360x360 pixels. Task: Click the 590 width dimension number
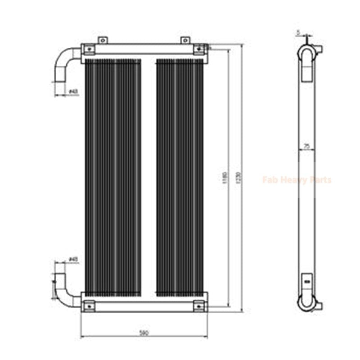tap(144, 333)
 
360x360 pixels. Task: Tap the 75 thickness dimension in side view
tap(307, 145)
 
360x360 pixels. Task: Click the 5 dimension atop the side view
tap(298, 32)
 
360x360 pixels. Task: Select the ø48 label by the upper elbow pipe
tap(73, 92)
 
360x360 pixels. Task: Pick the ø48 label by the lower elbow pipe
tap(73, 259)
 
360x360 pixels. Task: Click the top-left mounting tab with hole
tap(103, 40)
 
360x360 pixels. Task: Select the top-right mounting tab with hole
tap(184, 40)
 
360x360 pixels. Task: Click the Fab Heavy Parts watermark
tap(297, 180)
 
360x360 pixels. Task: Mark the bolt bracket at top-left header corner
tap(89, 49)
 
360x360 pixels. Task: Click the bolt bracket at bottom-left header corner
tap(89, 306)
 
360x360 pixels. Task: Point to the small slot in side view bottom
tap(307, 282)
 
